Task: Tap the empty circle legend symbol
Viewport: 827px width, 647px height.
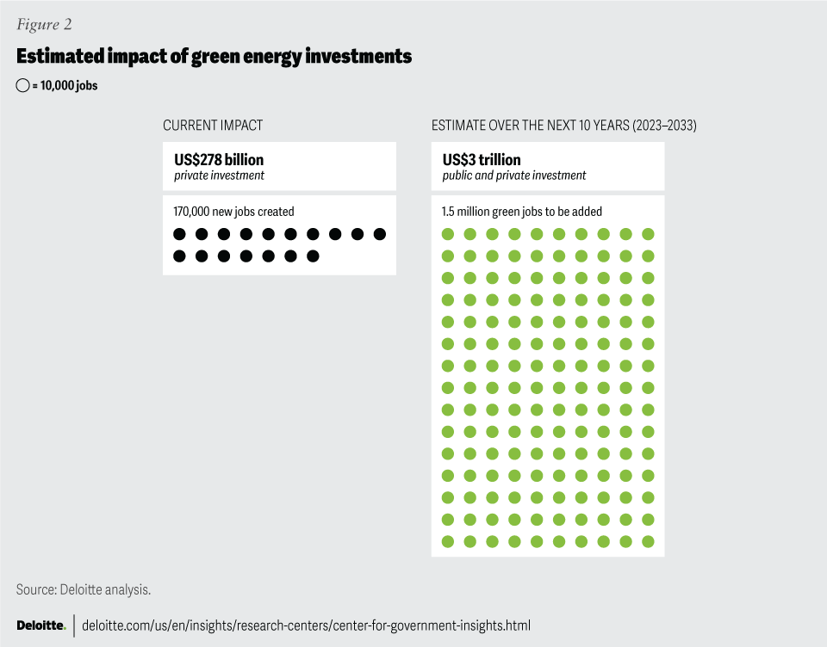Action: tap(22, 86)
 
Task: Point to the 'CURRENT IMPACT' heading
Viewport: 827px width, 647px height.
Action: tap(213, 126)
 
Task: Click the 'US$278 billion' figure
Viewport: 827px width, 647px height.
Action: tap(219, 160)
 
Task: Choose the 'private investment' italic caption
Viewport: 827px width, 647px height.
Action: tap(219, 176)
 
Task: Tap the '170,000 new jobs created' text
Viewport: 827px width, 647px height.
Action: tap(233, 212)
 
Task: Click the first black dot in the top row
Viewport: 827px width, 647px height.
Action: tap(179, 234)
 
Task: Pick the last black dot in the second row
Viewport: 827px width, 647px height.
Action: tap(313, 256)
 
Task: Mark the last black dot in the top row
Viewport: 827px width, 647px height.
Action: tap(380, 234)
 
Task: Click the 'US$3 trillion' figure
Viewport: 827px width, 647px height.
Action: tap(482, 160)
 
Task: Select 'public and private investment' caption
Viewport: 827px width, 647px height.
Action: tap(514, 176)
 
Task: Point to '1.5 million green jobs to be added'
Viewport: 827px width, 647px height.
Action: tap(522, 212)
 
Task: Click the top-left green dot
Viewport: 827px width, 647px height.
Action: tap(447, 234)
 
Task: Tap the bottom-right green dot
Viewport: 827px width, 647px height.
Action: tap(648, 541)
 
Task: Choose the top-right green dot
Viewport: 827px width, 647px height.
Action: tap(648, 234)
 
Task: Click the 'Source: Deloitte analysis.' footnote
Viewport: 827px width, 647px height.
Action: tap(84, 589)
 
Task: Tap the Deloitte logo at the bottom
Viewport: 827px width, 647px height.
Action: tap(41, 625)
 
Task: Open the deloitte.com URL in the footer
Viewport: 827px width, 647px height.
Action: tap(306, 625)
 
